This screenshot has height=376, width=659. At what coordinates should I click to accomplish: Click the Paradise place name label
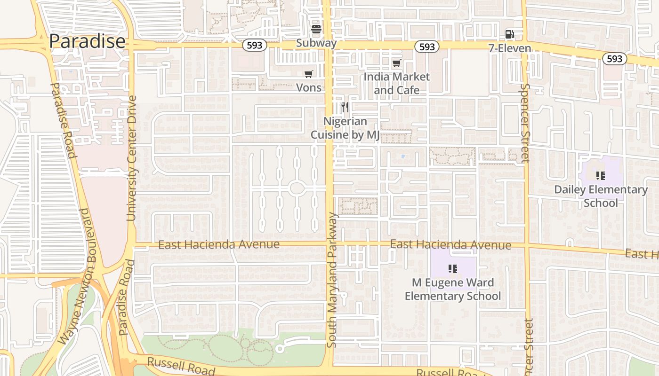pos(87,41)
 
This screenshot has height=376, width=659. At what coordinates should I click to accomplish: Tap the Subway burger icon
pos(316,30)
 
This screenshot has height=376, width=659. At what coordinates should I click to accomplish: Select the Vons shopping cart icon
pos(308,74)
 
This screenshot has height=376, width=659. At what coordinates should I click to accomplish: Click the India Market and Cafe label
pos(397,83)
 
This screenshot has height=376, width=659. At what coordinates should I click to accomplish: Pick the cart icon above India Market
pos(397,63)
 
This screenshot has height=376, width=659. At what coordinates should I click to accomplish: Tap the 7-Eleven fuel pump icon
pos(509,34)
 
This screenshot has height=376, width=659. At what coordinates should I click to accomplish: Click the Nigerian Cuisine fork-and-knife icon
pos(345,107)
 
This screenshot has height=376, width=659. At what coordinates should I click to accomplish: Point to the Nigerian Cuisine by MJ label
pos(345,128)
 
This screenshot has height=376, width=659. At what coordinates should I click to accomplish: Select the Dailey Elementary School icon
pos(600,176)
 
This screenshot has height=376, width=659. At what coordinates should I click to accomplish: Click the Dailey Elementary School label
pos(601,196)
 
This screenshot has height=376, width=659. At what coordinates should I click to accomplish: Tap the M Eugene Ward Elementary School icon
pos(453,269)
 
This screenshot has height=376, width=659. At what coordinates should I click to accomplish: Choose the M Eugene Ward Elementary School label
pos(453,289)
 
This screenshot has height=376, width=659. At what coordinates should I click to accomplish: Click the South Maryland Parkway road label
pos(332,281)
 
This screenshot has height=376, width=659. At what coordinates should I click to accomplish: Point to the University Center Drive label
pos(131,158)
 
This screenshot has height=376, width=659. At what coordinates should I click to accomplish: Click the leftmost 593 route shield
pos(255,46)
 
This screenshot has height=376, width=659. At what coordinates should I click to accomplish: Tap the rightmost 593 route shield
pos(614,59)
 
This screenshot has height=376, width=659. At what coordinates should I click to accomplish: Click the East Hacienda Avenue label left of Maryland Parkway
pos(219,245)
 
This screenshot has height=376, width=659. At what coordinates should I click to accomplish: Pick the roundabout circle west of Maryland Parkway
pos(297,188)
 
